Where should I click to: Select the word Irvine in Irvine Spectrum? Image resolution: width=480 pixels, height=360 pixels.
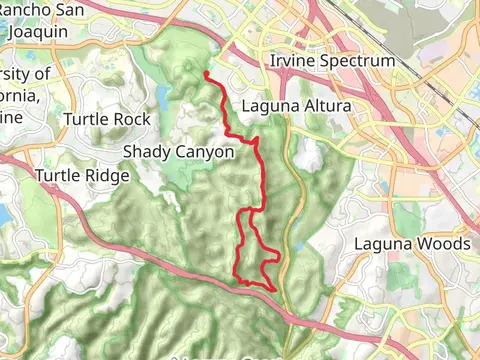click(294, 62)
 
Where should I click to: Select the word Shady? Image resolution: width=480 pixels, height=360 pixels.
click(146, 153)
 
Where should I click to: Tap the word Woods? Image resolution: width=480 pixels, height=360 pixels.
click(442, 243)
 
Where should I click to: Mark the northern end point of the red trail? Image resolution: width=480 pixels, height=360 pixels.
click(206, 73)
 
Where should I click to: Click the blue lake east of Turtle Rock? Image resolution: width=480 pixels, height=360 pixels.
click(163, 98)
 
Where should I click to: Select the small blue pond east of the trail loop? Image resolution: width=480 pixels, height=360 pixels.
click(297, 246)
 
